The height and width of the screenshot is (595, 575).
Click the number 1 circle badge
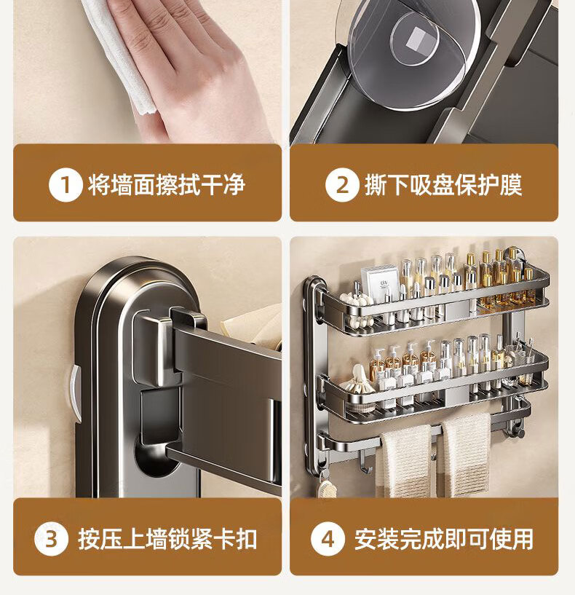[66, 185]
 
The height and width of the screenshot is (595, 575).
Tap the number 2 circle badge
[342, 185]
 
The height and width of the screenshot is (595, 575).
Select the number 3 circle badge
[51, 539]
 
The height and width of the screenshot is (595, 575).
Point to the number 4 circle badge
[328, 539]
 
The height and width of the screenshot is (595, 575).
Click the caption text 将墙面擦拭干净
[167, 185]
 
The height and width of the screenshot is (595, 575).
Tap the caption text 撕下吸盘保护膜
[443, 185]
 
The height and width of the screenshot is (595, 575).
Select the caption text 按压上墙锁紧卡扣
[167, 539]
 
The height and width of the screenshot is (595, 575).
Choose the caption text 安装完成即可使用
[444, 539]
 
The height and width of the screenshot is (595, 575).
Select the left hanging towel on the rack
[406, 461]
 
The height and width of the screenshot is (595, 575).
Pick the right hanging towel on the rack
[465, 455]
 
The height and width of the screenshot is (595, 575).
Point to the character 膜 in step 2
[511, 185]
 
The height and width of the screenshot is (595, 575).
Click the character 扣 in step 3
[247, 539]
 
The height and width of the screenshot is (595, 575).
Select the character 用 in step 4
[523, 539]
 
